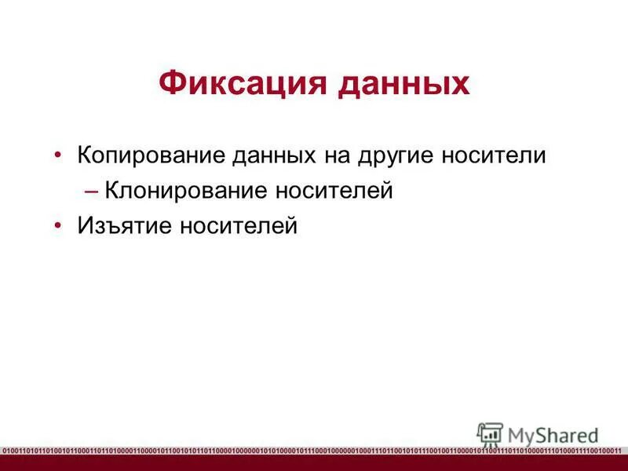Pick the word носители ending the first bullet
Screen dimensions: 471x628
(x=495, y=154)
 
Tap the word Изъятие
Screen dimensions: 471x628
(x=125, y=226)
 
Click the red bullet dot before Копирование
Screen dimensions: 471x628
(x=60, y=154)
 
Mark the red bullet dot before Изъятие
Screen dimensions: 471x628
(x=60, y=226)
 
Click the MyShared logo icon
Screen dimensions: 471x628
(x=490, y=434)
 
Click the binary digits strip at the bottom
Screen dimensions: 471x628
(x=314, y=451)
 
